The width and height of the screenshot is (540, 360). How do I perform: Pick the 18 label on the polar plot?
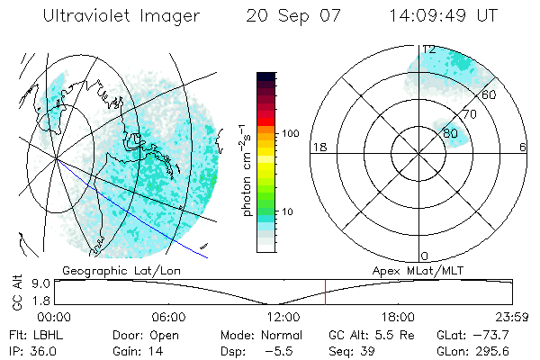[318, 148]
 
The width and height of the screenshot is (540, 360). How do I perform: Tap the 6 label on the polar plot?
[524, 148]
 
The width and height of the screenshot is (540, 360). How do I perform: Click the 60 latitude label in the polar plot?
[490, 94]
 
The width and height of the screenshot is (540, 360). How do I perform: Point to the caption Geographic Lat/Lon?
[110, 270]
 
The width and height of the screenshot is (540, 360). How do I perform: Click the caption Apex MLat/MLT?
[412, 270]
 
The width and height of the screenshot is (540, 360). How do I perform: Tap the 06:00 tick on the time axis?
[168, 318]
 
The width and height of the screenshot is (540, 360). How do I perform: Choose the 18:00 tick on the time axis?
[397, 318]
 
